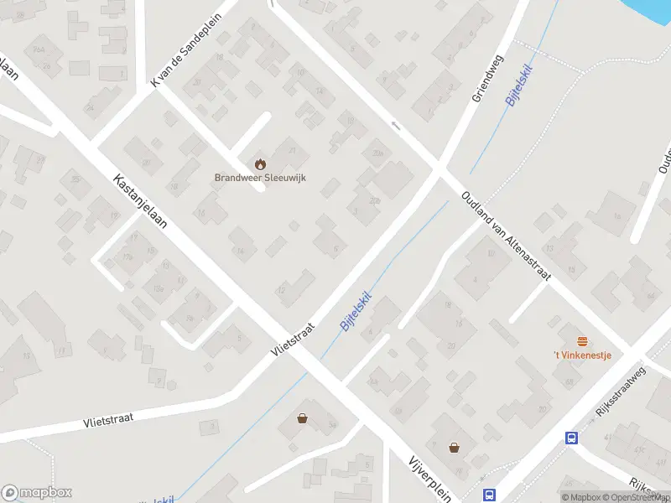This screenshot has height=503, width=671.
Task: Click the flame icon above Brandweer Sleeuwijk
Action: click(x=259, y=163)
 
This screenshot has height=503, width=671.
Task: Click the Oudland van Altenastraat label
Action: click(x=504, y=236)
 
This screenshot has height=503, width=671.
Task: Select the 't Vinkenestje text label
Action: click(x=582, y=355)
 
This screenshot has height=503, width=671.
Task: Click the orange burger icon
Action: click(x=582, y=340)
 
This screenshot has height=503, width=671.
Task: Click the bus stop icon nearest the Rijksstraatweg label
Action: click(x=571, y=437)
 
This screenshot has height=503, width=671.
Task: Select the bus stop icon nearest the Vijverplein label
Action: click(x=490, y=495)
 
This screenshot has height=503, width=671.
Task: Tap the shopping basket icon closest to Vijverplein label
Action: click(x=454, y=448)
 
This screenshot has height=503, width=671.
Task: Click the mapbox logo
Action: click(x=37, y=493)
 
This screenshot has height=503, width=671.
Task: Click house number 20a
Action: click(x=378, y=153)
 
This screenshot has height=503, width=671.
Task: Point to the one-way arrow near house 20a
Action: click(x=396, y=125)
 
